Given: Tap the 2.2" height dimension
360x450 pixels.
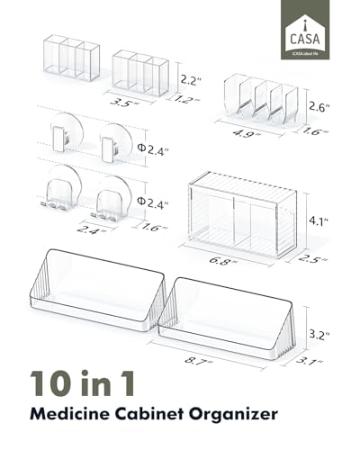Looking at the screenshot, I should (188, 78).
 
